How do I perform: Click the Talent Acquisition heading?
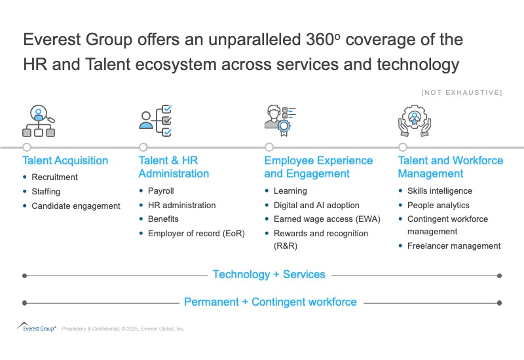pyautogui.click(x=65, y=160)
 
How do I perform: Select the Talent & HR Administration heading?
pyautogui.click(x=174, y=167)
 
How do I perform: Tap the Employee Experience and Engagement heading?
pyautogui.click(x=318, y=167)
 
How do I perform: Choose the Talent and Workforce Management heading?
pyautogui.click(x=451, y=167)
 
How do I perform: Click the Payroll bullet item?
pyautogui.click(x=161, y=191)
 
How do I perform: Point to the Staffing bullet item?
pyautogui.click(x=46, y=192)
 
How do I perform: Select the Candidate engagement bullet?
pyautogui.click(x=76, y=206)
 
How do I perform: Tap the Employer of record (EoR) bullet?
pyautogui.click(x=196, y=233)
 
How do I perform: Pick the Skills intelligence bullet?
pyautogui.click(x=440, y=191)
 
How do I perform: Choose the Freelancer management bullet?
pyautogui.click(x=454, y=246)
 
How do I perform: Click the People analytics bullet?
pyautogui.click(x=438, y=205)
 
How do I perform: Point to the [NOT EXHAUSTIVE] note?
pyautogui.click(x=462, y=93)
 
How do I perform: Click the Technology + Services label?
pyautogui.click(x=269, y=275)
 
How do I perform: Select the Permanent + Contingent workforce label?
pyautogui.click(x=270, y=302)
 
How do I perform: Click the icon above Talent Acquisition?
pyautogui.click(x=39, y=120)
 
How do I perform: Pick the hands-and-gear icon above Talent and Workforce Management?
pyautogui.click(x=415, y=120)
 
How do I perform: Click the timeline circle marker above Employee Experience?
pyautogui.click(x=269, y=147)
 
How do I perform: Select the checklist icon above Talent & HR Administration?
pyautogui.click(x=156, y=120)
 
